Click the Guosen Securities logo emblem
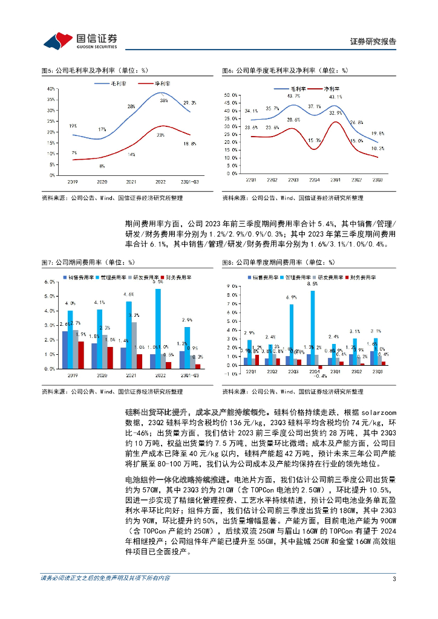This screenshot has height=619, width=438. click(57, 40)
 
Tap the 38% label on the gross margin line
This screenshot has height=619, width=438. click(163, 101)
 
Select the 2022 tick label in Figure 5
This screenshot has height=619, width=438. click(161, 181)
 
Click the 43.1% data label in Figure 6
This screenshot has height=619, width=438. click(335, 97)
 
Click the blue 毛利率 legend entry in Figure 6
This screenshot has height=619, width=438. click(295, 88)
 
